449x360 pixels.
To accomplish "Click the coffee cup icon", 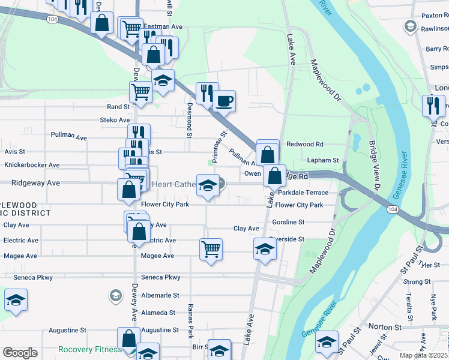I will (x=224, y=101).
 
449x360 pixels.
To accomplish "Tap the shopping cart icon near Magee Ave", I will (x=211, y=248).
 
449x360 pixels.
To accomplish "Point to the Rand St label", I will (x=118, y=107).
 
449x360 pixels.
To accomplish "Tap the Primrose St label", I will (x=218, y=143).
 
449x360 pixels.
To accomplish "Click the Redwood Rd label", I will (x=305, y=144).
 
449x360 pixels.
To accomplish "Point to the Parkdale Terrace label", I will (x=303, y=193).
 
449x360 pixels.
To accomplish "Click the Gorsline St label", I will (x=288, y=222).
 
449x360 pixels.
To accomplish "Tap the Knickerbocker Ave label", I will (x=32, y=165).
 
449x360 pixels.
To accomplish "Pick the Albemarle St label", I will (x=160, y=295).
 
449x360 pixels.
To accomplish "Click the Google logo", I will (x=20, y=353).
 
